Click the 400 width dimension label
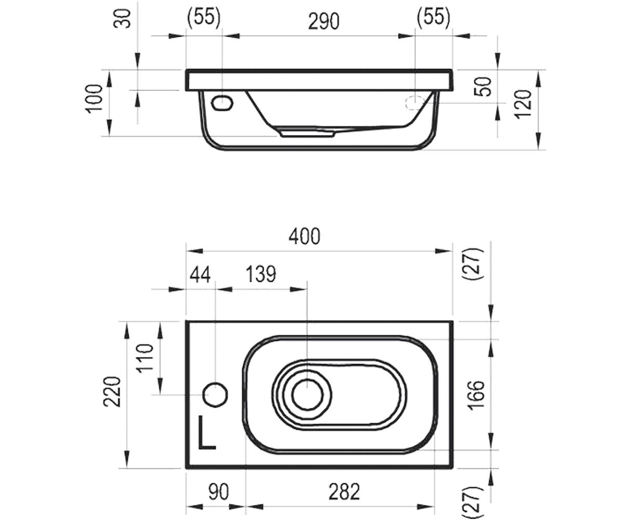tap(304, 237)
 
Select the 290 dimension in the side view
tap(323, 22)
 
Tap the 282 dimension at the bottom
tap(344, 492)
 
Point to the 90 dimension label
tap(219, 492)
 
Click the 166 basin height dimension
tap(475, 395)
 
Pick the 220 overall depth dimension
tap(112, 392)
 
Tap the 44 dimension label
tap(200, 274)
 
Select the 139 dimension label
tap(261, 274)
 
